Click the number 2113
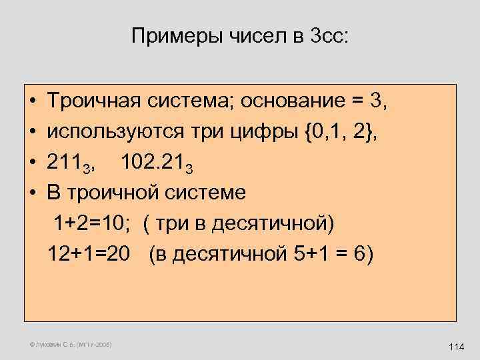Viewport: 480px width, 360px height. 72,163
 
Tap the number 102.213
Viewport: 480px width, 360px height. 163,163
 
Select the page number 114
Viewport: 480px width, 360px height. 457,347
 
